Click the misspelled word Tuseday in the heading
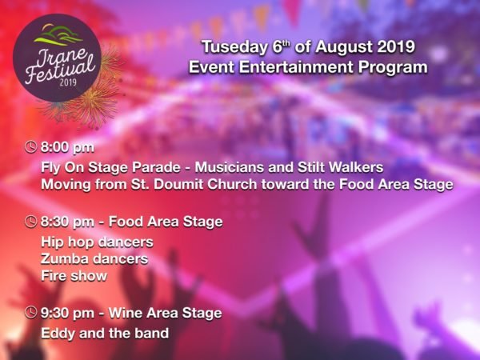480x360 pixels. pyautogui.click(x=234, y=47)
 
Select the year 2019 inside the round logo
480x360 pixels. pyautogui.click(x=68, y=82)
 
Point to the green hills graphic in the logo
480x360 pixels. pyautogui.click(x=58, y=34)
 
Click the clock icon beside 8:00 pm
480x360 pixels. pyautogui.click(x=31, y=147)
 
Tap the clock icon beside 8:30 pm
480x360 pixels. pyautogui.click(x=31, y=222)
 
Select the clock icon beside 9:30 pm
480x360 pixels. pyautogui.click(x=31, y=313)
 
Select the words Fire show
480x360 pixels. pyautogui.click(x=74, y=275)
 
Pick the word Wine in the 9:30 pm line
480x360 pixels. pyautogui.click(x=126, y=313)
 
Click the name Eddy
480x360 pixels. pyautogui.click(x=58, y=334)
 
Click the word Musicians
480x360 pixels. pyautogui.click(x=230, y=167)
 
